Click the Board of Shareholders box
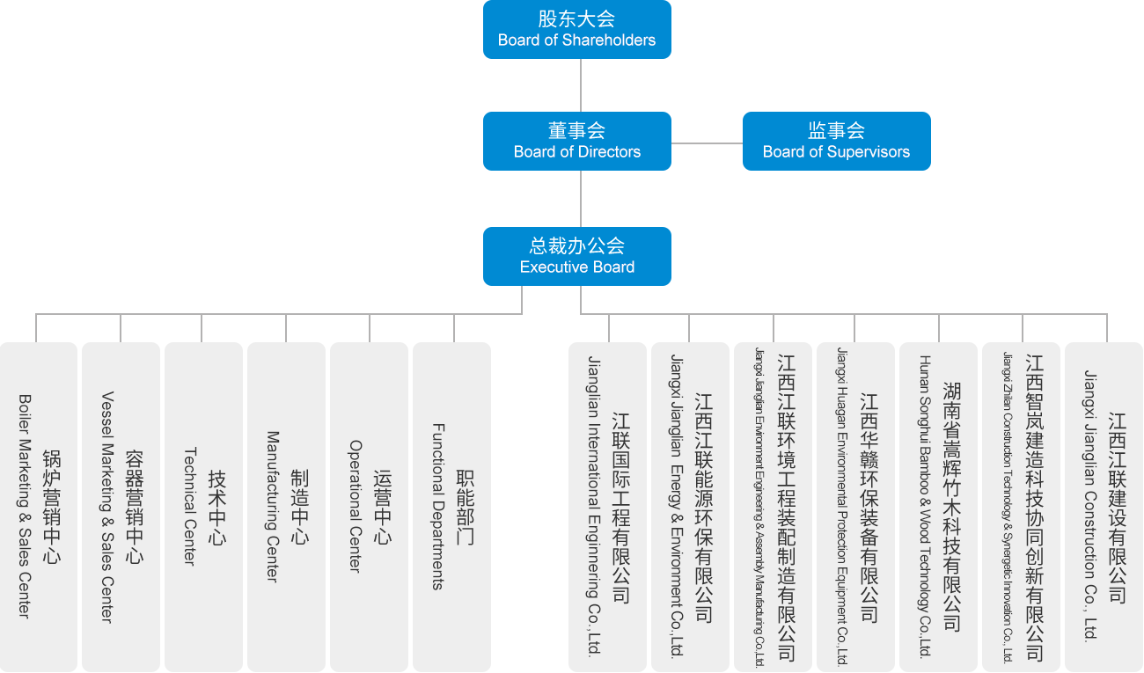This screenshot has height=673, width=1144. coord(576,29)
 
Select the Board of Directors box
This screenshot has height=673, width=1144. coord(576,141)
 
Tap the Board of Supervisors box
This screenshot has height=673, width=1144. coord(836,141)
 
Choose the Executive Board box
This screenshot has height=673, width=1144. coord(576,256)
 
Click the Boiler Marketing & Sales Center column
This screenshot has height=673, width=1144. coord(38,506)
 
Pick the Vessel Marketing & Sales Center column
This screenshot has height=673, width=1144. coord(121,506)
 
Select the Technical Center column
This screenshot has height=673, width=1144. coord(203,506)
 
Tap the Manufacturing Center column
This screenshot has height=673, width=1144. coord(286,506)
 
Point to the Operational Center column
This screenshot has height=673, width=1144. coord(369,506)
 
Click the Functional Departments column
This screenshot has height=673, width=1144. coord(451,506)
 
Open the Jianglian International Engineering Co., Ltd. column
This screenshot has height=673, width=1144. coord(607,506)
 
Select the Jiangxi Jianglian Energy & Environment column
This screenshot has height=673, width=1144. coord(690,506)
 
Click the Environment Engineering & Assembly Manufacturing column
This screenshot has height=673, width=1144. coord(774,506)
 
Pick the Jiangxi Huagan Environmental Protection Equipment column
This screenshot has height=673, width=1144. coord(856,506)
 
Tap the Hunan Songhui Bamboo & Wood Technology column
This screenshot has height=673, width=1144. coord(939,506)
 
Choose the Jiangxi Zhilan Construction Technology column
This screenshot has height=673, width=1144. coord(1022,506)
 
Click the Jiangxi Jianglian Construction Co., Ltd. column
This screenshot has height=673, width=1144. coord(1104,506)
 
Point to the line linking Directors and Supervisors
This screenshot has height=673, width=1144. coord(707,143)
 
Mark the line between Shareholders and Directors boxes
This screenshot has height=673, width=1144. coord(581,85)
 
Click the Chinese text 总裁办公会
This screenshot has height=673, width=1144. coord(576,245)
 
